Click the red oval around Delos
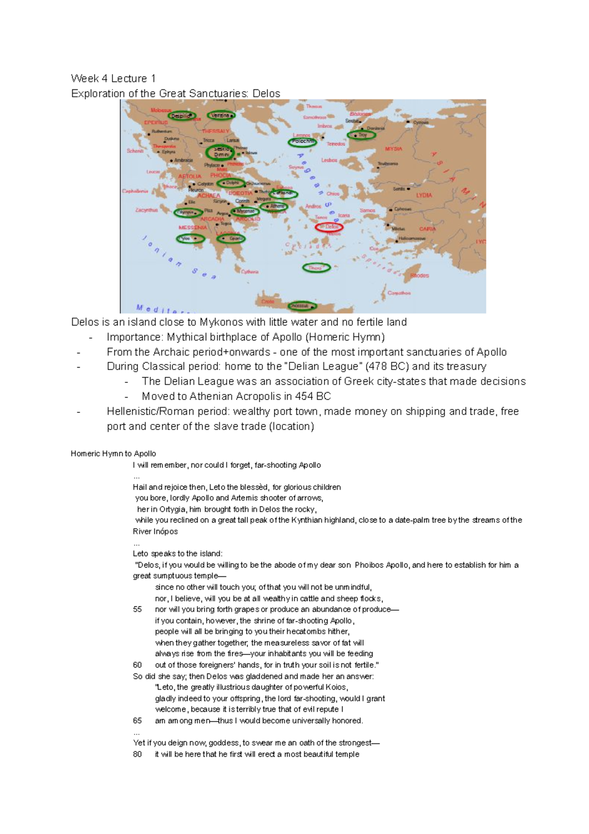[329, 227]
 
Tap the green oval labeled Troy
[361, 135]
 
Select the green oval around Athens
[276, 207]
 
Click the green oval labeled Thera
[316, 268]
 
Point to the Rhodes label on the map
[420, 275]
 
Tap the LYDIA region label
[424, 195]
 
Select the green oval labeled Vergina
[220, 115]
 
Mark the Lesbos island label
[329, 160]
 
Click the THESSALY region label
[215, 132]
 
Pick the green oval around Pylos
[190, 239]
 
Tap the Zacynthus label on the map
[146, 210]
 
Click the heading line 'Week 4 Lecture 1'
[113, 79]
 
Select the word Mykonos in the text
[221, 323]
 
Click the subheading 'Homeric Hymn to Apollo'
[113, 454]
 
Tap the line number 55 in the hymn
[137, 609]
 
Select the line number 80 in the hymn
[137, 754]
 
